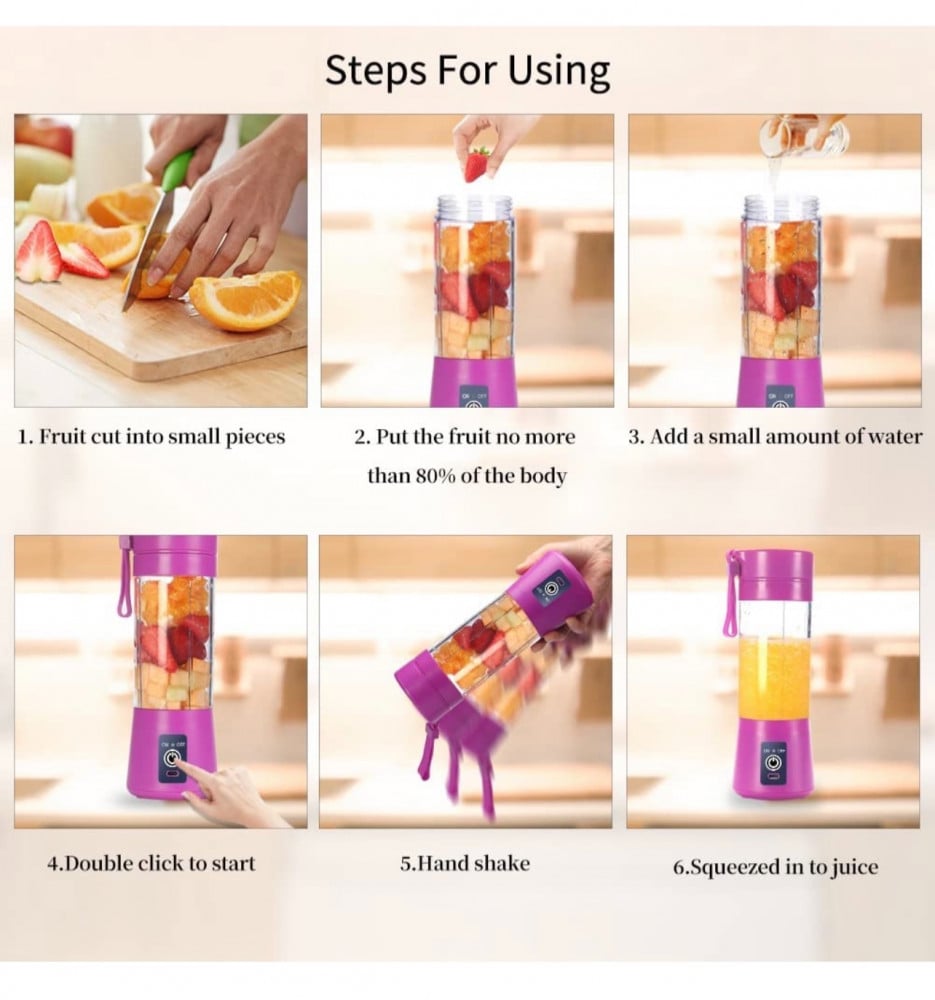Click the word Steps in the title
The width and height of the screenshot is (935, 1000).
pos(376,71)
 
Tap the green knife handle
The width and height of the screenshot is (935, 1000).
pos(178,170)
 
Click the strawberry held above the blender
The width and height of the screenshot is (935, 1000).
pos(478,163)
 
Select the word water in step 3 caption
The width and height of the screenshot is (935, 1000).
pos(898,437)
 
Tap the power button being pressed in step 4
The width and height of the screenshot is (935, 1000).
pos(172,758)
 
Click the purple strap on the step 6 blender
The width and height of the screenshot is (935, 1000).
pos(733,592)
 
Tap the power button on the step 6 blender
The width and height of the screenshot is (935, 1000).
pos(774,763)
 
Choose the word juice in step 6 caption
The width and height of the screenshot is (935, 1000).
pos(855,867)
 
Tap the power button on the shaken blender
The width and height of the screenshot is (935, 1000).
pos(548,589)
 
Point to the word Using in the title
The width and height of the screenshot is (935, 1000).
pos(558,72)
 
